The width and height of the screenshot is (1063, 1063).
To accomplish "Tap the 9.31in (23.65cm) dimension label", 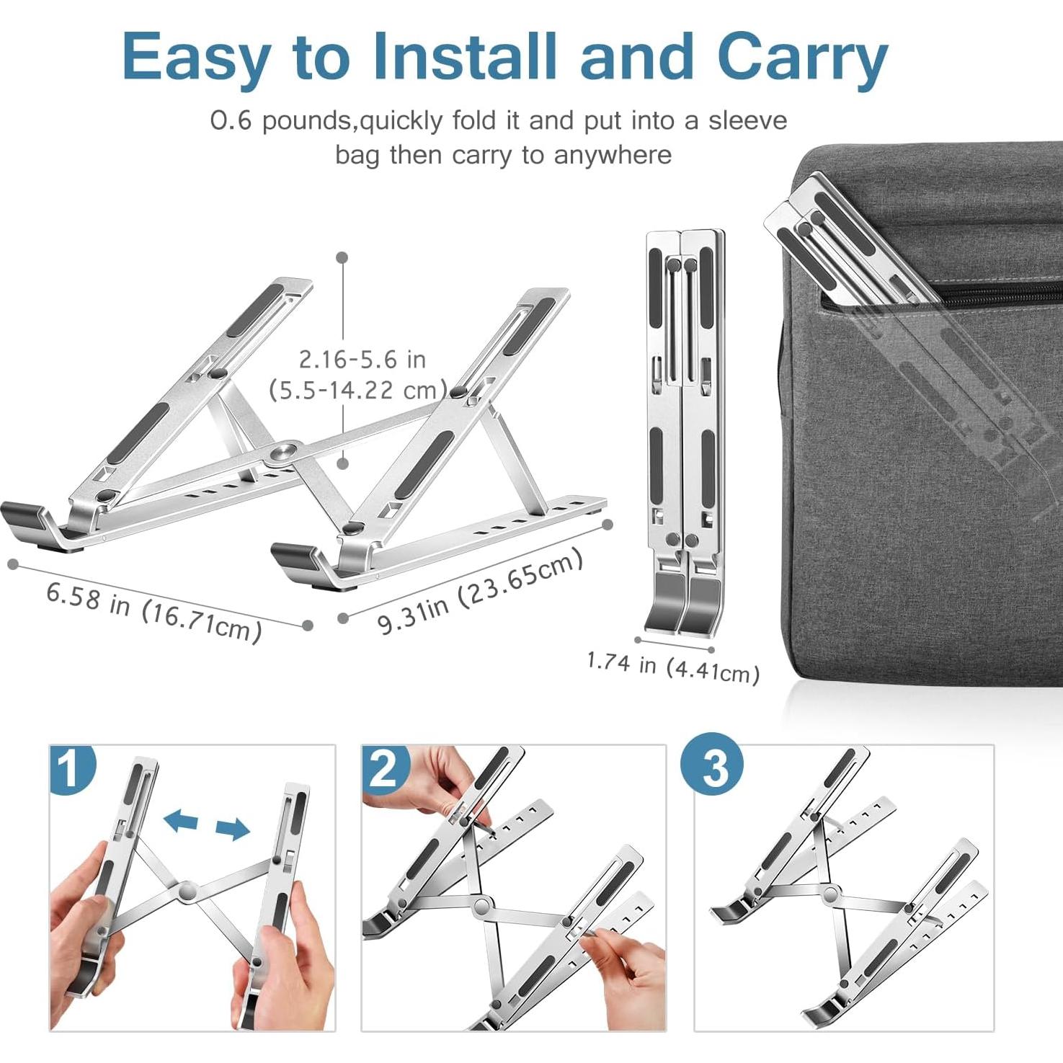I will (x=480, y=592).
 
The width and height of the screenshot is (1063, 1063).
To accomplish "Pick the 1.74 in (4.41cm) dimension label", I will (x=672, y=667).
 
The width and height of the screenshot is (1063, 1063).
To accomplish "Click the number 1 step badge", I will (x=71, y=768).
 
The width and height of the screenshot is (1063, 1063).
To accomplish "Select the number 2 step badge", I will (x=384, y=768).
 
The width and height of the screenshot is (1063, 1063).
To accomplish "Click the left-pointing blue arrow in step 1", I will (x=180, y=819).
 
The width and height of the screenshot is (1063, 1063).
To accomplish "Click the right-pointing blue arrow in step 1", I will (x=232, y=830).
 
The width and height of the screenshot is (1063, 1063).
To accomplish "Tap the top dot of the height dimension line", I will (x=342, y=257).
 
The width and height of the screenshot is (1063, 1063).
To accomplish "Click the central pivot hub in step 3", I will (x=830, y=895).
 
